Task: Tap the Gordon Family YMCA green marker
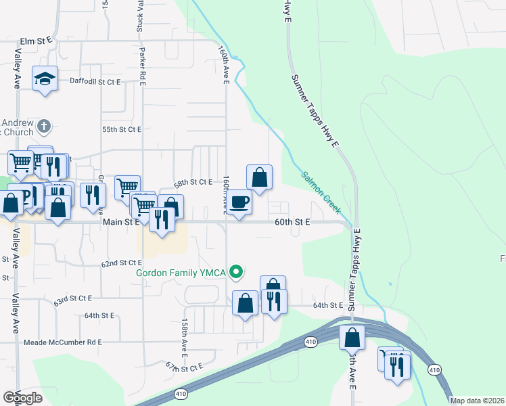236,273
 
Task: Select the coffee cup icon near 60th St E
239,202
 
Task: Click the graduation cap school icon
45,79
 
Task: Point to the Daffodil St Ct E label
95,81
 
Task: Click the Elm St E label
37,41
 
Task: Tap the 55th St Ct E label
121,129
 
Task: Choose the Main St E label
121,221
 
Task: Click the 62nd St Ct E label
122,263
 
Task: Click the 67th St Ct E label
183,367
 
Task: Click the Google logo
23,398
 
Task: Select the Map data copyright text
478,401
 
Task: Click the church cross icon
44,126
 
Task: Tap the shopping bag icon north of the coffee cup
259,178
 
